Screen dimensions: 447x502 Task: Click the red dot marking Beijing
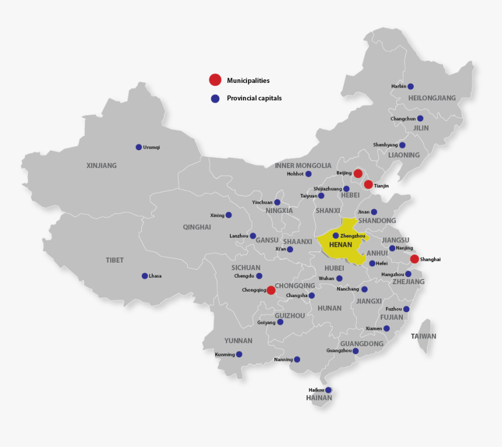click(x=358, y=173)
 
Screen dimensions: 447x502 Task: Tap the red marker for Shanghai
click(x=414, y=259)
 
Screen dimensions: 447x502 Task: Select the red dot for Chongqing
click(x=271, y=290)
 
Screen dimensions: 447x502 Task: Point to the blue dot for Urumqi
click(x=139, y=147)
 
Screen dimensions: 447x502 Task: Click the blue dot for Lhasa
click(x=145, y=276)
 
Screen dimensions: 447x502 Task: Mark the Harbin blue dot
click(x=410, y=86)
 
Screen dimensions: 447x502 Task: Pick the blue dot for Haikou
click(x=328, y=390)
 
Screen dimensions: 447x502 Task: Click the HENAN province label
click(x=341, y=245)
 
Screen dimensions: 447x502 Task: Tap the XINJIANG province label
click(x=102, y=166)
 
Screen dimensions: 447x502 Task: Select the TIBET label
click(x=115, y=260)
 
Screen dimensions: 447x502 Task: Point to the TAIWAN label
click(x=423, y=336)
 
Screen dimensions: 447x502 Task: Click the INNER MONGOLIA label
click(x=303, y=166)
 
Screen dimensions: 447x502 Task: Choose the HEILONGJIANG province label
click(x=432, y=98)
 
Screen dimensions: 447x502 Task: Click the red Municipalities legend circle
click(x=215, y=80)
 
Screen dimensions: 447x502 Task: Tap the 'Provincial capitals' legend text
click(x=254, y=98)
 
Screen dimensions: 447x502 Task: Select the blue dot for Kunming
click(x=239, y=354)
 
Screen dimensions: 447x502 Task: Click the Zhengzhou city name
click(x=353, y=236)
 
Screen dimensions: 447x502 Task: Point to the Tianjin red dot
click(x=368, y=185)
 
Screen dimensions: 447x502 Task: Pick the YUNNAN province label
click(x=238, y=341)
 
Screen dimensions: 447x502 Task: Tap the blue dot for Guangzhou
click(x=355, y=351)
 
